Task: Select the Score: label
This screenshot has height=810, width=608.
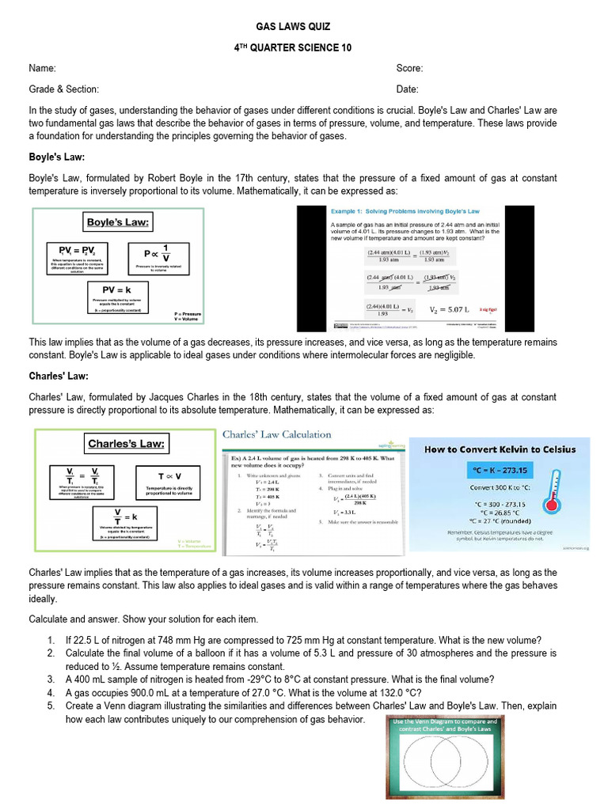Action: pyautogui.click(x=409, y=69)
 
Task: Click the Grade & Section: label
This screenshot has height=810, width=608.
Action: pyautogui.click(x=64, y=89)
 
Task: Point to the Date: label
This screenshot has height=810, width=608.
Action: pyautogui.click(x=408, y=89)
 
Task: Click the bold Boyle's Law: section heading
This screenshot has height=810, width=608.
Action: pyautogui.click(x=57, y=157)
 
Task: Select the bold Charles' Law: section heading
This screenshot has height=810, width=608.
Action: pyautogui.click(x=59, y=376)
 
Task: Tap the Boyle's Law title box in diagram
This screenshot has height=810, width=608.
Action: pyautogui.click(x=118, y=222)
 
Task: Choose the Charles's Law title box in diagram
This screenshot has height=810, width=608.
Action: pyautogui.click(x=127, y=444)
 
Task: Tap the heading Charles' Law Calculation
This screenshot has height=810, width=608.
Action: pyautogui.click(x=276, y=434)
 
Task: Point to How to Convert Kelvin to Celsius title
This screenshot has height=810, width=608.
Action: pyautogui.click(x=500, y=449)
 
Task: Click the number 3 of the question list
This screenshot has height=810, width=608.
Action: pyautogui.click(x=51, y=679)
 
